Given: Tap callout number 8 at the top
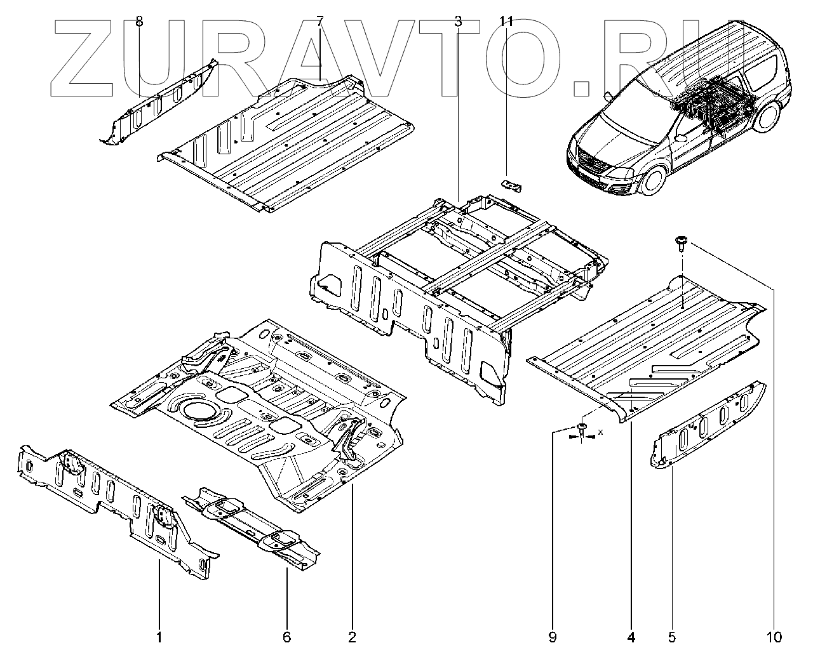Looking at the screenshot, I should tap(139, 22).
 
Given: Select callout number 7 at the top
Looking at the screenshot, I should tap(319, 22).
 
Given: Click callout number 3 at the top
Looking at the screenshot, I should tap(458, 22).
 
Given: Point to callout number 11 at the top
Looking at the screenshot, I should tap(506, 22).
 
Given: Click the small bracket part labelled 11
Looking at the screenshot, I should tap(512, 185).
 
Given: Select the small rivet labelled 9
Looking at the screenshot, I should tap(582, 428).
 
